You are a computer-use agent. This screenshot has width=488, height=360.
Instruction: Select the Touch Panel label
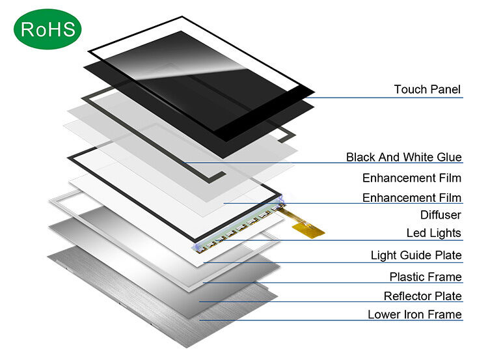click(427, 89)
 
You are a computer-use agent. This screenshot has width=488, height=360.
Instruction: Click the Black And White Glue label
click(403, 157)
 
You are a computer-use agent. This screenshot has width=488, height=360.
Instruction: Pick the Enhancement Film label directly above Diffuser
click(411, 198)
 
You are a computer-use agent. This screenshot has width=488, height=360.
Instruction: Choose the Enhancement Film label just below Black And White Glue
click(411, 178)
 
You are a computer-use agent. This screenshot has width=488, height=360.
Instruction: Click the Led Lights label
click(433, 233)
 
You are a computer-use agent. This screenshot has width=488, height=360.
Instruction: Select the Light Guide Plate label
click(416, 256)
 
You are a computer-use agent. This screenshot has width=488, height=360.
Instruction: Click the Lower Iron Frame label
click(414, 315)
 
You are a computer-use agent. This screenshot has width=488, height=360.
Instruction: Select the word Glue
click(449, 157)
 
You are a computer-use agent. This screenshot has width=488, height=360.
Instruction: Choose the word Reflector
click(407, 297)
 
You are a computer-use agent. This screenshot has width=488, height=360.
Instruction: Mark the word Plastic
click(407, 277)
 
